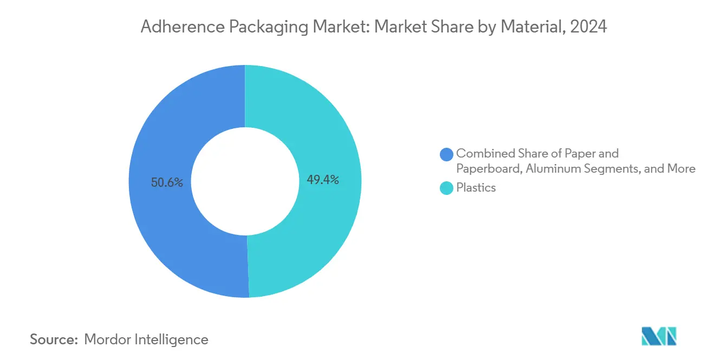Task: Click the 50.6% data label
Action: click(167, 182)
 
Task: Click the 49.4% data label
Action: click(323, 180)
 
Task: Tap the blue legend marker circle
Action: click(447, 154)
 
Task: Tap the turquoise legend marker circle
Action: click(447, 188)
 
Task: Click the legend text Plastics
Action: click(476, 188)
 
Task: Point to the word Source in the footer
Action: click(53, 339)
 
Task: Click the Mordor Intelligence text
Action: click(146, 339)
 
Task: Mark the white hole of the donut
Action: click(245, 181)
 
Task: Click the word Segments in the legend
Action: click(614, 169)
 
